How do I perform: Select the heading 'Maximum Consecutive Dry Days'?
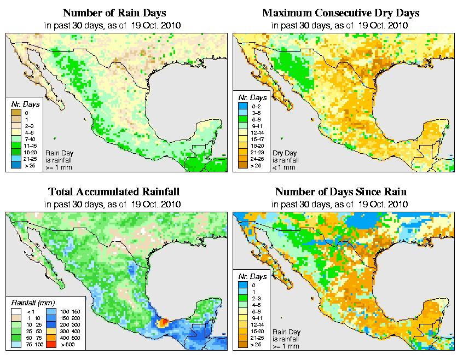click(340, 13)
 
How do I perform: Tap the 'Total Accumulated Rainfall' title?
click(114, 192)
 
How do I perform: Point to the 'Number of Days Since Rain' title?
click(340, 192)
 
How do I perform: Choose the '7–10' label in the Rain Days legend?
click(29, 141)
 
